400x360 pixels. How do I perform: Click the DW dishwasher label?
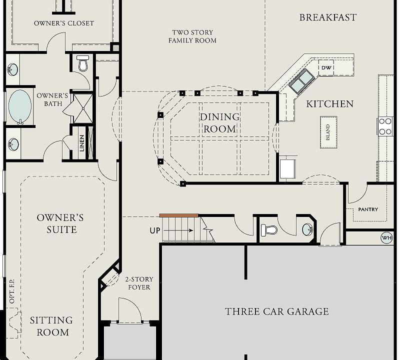click(326, 67)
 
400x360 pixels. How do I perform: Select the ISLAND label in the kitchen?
click(328, 132)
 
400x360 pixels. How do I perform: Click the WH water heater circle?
click(386, 238)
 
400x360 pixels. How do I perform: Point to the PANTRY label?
click(368, 209)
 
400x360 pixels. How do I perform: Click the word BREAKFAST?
click(328, 17)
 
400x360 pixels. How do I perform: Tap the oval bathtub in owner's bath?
click(20, 106)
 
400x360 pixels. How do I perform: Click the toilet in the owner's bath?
click(82, 62)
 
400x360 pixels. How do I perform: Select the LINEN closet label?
click(82, 143)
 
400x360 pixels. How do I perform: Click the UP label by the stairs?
click(155, 230)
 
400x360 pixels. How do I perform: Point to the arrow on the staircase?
click(178, 230)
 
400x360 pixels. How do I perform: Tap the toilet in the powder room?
click(269, 230)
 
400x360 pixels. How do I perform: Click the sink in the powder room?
click(307, 229)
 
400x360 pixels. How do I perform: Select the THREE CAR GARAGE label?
click(277, 311)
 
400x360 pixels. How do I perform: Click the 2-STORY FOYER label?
click(139, 283)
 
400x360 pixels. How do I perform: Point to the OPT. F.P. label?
click(12, 291)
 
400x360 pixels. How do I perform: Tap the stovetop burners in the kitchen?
click(385, 126)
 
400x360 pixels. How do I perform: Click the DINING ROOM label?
click(219, 123)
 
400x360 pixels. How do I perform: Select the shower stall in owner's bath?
click(83, 108)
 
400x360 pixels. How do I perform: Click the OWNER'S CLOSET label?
click(64, 23)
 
